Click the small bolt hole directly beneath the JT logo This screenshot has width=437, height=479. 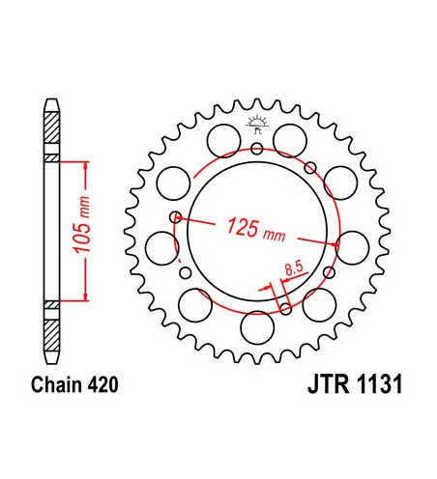pyautogui.click(x=256, y=149)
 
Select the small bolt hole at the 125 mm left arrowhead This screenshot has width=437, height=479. pyautogui.click(x=175, y=217)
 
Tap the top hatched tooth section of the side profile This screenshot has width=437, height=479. pyautogui.click(x=51, y=130)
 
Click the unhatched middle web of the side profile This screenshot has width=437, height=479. pyautogui.click(x=51, y=232)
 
